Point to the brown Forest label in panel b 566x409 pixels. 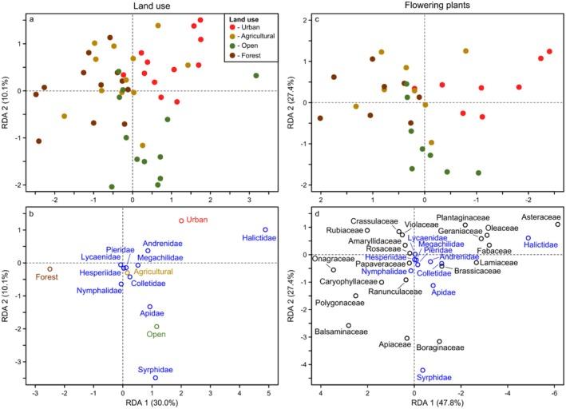[47, 278]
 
